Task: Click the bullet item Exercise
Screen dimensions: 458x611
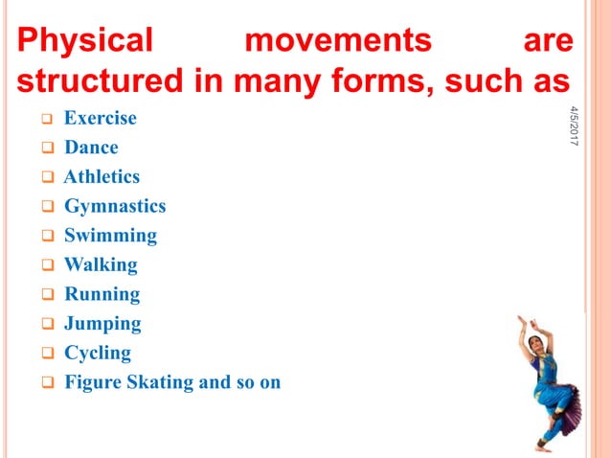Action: tap(100, 119)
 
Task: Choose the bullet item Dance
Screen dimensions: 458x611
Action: tap(91, 148)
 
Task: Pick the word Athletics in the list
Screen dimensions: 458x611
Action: tap(102, 177)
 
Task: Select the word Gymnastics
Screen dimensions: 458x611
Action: tap(115, 206)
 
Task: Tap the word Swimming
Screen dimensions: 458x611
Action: tap(110, 236)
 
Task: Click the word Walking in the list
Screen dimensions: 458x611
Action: tap(101, 264)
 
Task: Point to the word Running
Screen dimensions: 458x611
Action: tap(102, 294)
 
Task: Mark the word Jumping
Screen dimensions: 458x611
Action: tap(102, 324)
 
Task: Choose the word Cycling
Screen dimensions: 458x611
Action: tap(98, 353)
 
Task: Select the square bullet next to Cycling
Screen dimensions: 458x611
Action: tap(45, 354)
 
